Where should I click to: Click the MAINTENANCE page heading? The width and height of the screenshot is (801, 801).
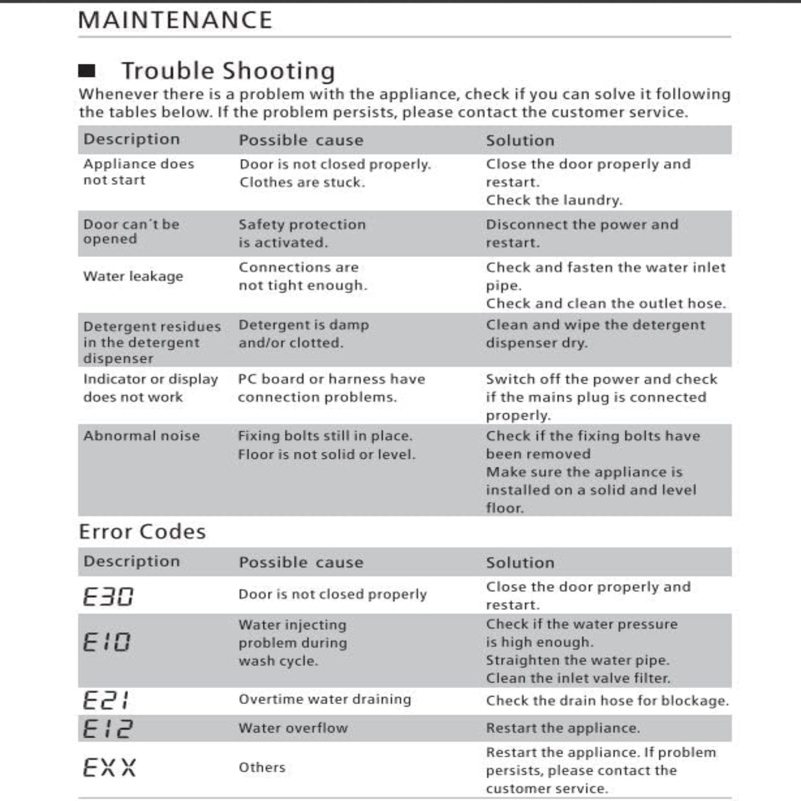point(175,20)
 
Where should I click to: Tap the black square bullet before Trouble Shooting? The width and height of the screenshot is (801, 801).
point(87,71)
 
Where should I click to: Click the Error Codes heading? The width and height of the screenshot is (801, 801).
point(142,532)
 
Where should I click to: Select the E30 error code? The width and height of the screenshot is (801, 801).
point(108,597)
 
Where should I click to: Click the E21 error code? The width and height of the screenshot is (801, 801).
point(106,700)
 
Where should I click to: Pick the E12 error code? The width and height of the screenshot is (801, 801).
point(108,729)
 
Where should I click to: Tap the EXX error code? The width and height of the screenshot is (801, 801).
point(109,767)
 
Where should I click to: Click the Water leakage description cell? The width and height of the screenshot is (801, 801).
point(133,276)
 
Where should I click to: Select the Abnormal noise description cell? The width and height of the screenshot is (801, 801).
point(141,436)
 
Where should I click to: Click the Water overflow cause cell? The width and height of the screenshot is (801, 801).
point(293,728)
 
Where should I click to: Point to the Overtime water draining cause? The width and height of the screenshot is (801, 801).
point(325,699)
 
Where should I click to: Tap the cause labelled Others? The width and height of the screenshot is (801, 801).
point(262,767)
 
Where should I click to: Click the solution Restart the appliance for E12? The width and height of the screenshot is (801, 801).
point(563,728)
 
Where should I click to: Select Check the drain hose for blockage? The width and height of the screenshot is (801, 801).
point(608,700)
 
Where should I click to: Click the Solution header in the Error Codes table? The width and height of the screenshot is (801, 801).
point(520,563)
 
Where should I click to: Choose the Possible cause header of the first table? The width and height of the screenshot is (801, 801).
point(301,140)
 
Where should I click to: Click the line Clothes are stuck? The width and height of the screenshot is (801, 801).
point(302,182)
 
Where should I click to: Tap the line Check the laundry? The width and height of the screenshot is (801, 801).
point(554,200)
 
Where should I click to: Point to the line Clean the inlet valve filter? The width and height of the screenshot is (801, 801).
point(578,678)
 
